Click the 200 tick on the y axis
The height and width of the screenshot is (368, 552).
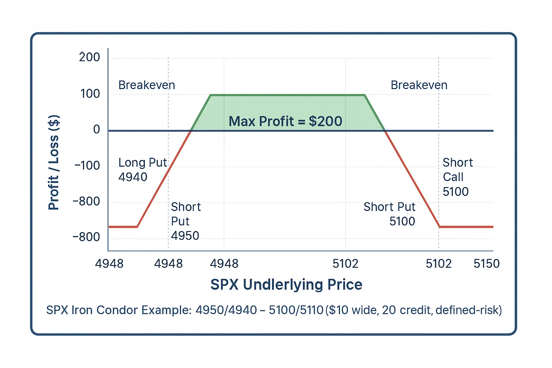pyautogui.click(x=89, y=57)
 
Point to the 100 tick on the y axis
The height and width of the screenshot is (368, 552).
pyautogui.click(x=90, y=94)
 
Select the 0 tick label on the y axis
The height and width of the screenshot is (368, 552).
pyautogui.click(x=96, y=129)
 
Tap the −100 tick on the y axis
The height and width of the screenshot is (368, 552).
pyautogui.click(x=87, y=166)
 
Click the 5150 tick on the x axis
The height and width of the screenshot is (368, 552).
pyautogui.click(x=486, y=264)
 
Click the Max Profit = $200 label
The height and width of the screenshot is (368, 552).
pyautogui.click(x=285, y=121)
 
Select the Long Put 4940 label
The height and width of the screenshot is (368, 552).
pyautogui.click(x=142, y=170)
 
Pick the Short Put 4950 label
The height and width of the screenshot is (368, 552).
pyautogui.click(x=185, y=221)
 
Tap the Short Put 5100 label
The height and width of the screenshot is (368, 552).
pyautogui.click(x=390, y=214)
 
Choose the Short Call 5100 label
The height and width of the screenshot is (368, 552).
pyautogui.click(x=457, y=177)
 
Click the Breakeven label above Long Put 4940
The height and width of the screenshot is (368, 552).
pyautogui.click(x=147, y=85)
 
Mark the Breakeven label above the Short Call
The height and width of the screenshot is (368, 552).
pyautogui.click(x=419, y=85)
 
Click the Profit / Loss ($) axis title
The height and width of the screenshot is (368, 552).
pyautogui.click(x=54, y=162)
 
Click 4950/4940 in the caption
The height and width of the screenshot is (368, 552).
pyautogui.click(x=226, y=310)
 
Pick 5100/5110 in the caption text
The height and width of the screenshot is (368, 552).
pyautogui.click(x=296, y=310)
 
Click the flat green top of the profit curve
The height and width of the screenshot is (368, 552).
pyautogui.click(x=287, y=95)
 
